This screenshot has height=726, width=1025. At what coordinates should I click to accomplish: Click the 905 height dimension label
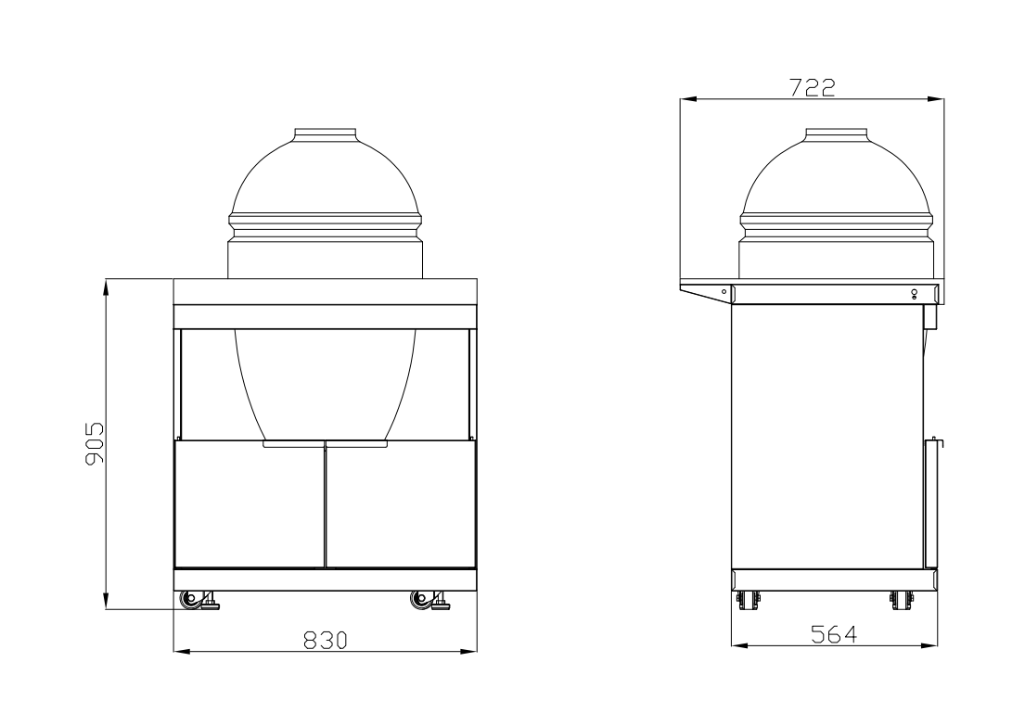click(x=94, y=444)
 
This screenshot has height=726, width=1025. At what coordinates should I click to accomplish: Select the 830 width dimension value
click(x=326, y=640)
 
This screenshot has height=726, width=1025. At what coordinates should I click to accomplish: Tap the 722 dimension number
click(x=812, y=87)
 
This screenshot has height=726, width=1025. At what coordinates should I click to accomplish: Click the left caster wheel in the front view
click(x=192, y=600)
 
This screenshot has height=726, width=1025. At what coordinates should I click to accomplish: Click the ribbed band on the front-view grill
click(x=326, y=223)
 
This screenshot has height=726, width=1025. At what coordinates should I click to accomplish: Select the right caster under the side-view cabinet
click(x=897, y=600)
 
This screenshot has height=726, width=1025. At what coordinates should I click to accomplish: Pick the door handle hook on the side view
click(x=938, y=444)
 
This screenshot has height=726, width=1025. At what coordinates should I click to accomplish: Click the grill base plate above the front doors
click(x=326, y=445)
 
